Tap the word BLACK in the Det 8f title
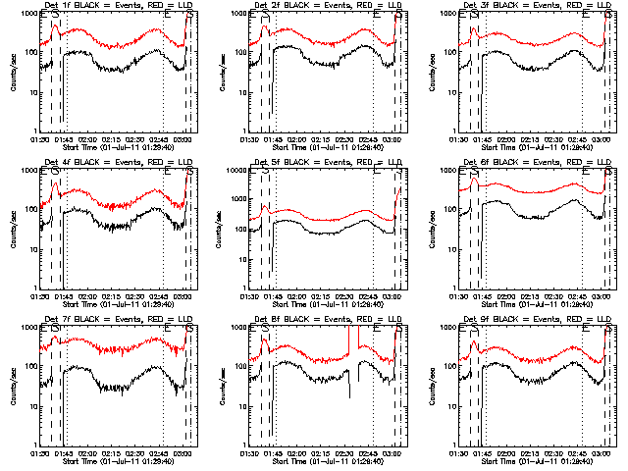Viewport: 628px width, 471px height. pyautogui.click(x=294, y=319)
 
